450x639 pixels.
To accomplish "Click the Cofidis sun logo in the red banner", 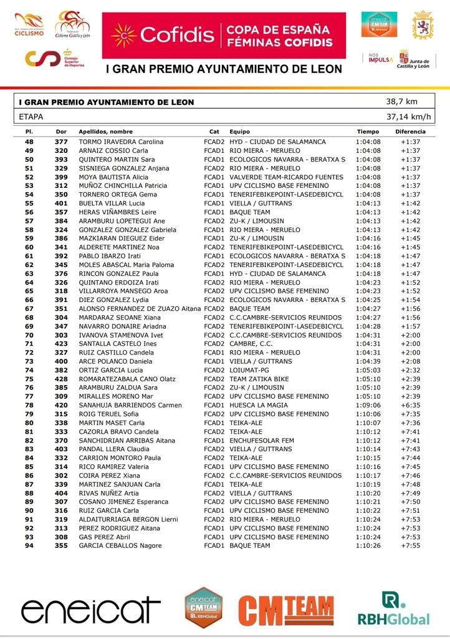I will point(123,36).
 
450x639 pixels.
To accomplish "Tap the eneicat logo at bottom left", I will point(91,611).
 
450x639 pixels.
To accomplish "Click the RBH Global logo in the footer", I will point(393,608).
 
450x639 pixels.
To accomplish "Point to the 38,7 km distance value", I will point(401,102).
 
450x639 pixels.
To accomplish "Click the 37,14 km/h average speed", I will point(408,117).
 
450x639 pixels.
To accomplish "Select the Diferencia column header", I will point(410,132).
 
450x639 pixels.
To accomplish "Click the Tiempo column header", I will point(368,132).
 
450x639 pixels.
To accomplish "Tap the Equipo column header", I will point(239,132).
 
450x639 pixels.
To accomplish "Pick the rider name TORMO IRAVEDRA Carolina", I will point(120,142).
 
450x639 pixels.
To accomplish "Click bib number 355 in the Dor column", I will point(61,545).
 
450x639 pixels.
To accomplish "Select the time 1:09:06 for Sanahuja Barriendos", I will point(368,405).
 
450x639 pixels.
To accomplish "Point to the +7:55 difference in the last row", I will point(410,545).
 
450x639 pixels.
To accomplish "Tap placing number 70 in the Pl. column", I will point(29,335).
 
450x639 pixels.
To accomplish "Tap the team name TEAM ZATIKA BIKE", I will point(259,379).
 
